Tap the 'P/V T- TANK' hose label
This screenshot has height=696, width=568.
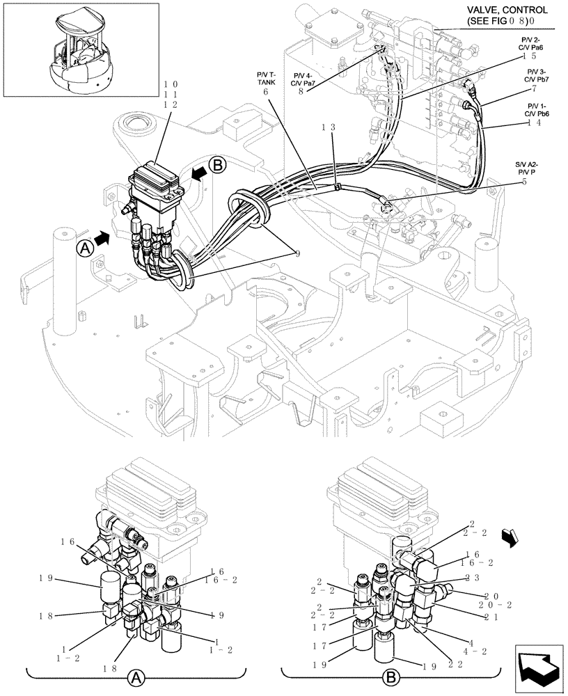(265, 77)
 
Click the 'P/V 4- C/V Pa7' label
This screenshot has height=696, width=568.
(304, 79)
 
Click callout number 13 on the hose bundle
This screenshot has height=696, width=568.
(329, 127)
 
